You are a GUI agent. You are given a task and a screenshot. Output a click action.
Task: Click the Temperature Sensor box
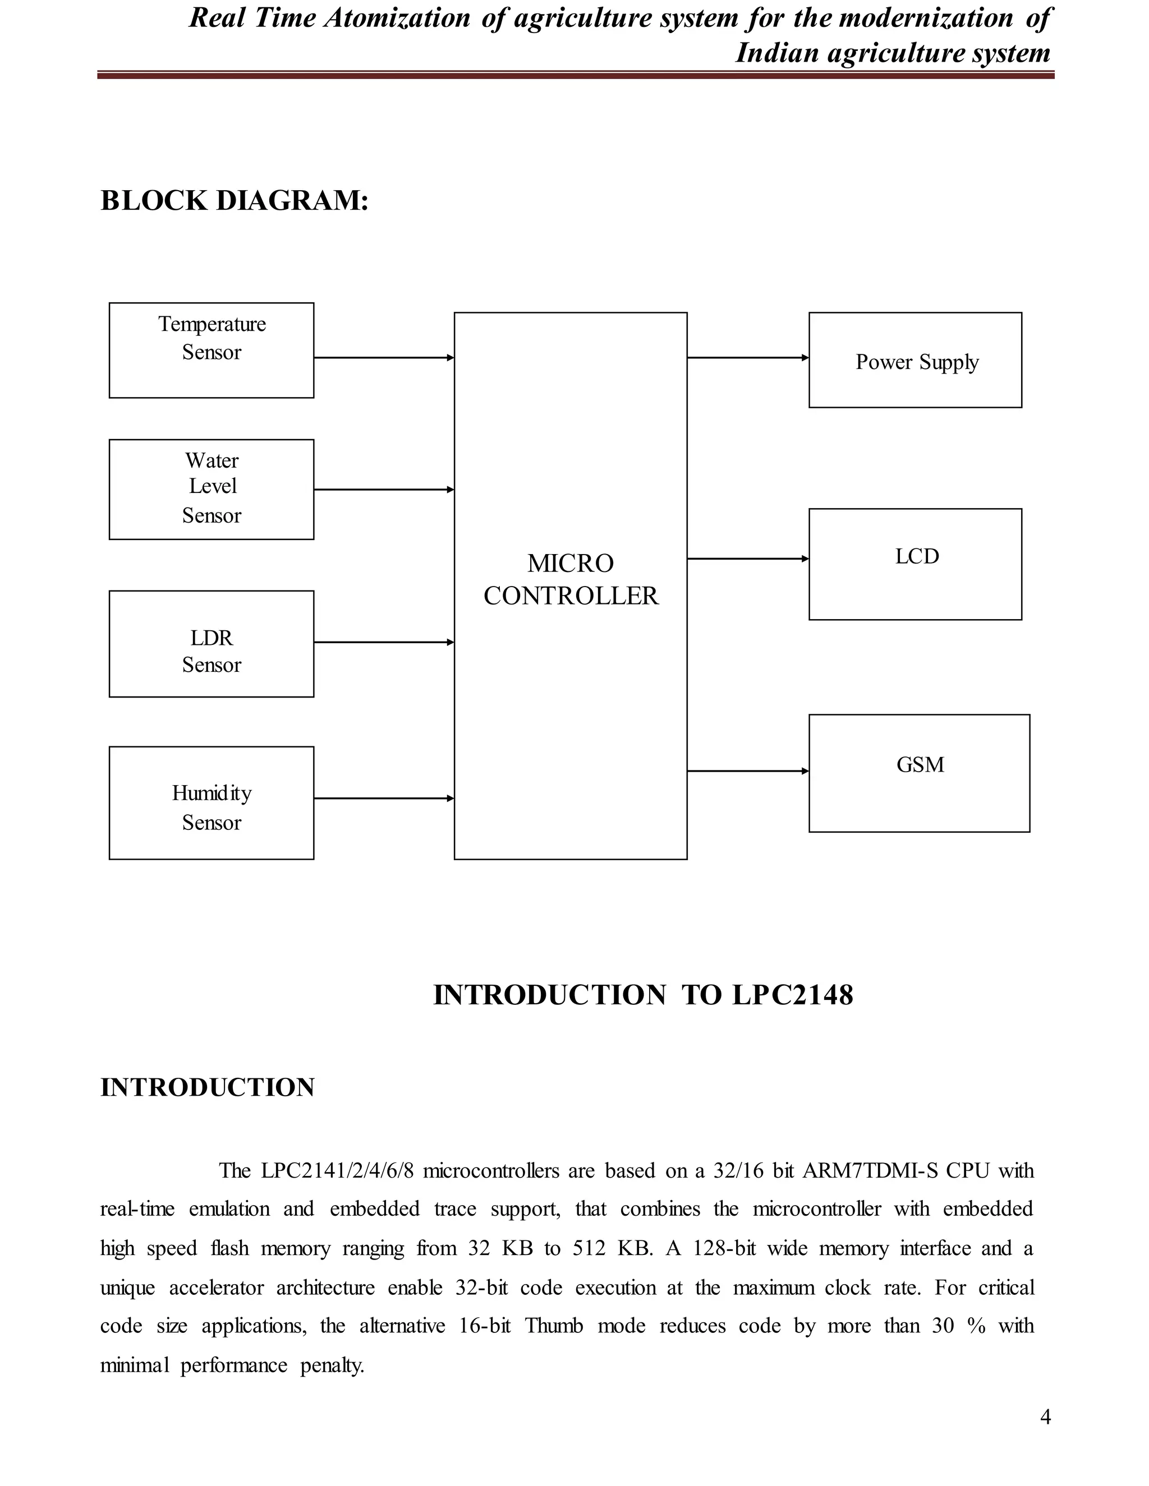pyautogui.click(x=211, y=350)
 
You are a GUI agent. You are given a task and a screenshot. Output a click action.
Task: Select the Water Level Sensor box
pyautogui.click(x=211, y=489)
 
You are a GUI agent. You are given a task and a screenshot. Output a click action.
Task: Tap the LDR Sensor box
pyautogui.click(x=211, y=644)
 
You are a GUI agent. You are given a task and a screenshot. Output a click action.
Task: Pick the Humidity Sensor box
pyautogui.click(x=211, y=803)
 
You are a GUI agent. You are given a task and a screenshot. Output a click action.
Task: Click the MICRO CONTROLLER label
pyautogui.click(x=571, y=580)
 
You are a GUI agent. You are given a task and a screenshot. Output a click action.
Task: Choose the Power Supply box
pyautogui.click(x=915, y=361)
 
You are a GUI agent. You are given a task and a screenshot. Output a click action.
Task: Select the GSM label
pyautogui.click(x=920, y=765)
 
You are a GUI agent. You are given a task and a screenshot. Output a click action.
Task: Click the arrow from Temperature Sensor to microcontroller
pyautogui.click(x=383, y=357)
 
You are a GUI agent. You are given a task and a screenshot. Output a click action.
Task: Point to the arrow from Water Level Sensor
pyautogui.click(x=383, y=489)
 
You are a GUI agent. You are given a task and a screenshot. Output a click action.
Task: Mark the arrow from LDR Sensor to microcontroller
pyautogui.click(x=383, y=642)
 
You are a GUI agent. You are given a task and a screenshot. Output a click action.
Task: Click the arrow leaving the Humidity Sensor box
pyautogui.click(x=383, y=798)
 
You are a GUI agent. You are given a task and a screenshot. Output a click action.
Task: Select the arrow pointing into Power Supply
pyautogui.click(x=747, y=357)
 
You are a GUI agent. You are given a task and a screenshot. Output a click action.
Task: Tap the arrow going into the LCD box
pyautogui.click(x=747, y=559)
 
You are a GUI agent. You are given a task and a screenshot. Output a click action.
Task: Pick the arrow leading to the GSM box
pyautogui.click(x=747, y=771)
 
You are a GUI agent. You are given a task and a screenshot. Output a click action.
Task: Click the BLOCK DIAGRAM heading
pyautogui.click(x=234, y=201)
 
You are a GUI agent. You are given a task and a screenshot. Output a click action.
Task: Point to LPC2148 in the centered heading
pyautogui.click(x=792, y=995)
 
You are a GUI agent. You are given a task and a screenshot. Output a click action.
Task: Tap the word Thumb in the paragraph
pyautogui.click(x=554, y=1326)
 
